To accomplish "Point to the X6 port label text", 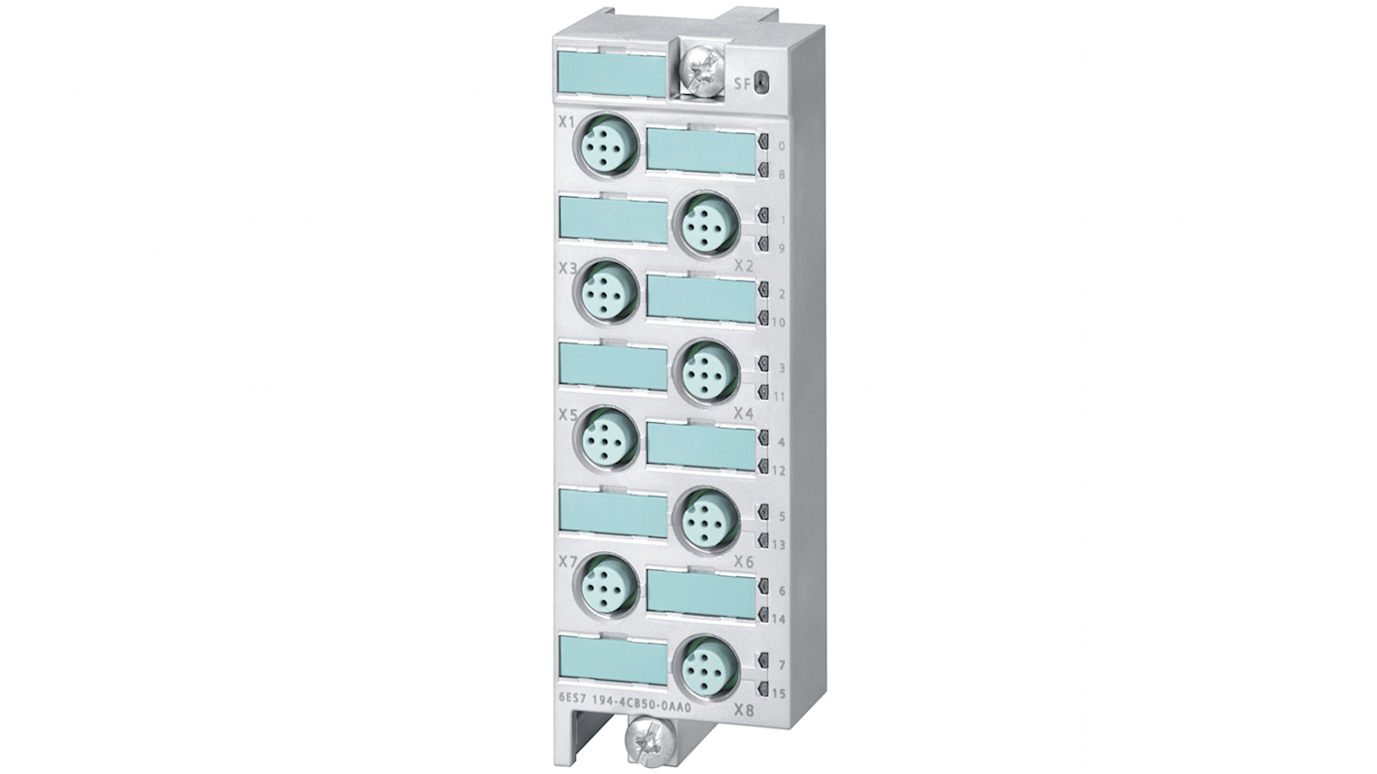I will pos(744,562).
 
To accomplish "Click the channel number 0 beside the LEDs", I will pos(782,147).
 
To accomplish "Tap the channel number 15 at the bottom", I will pos(780,692).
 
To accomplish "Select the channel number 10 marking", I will pos(780,322).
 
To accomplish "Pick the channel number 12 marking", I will pos(780,471).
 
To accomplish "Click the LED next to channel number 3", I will pos(763,366).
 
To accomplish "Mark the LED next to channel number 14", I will pos(763,615).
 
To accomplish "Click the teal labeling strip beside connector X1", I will pos(699,152).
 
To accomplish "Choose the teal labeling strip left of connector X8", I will pos(613,661).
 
